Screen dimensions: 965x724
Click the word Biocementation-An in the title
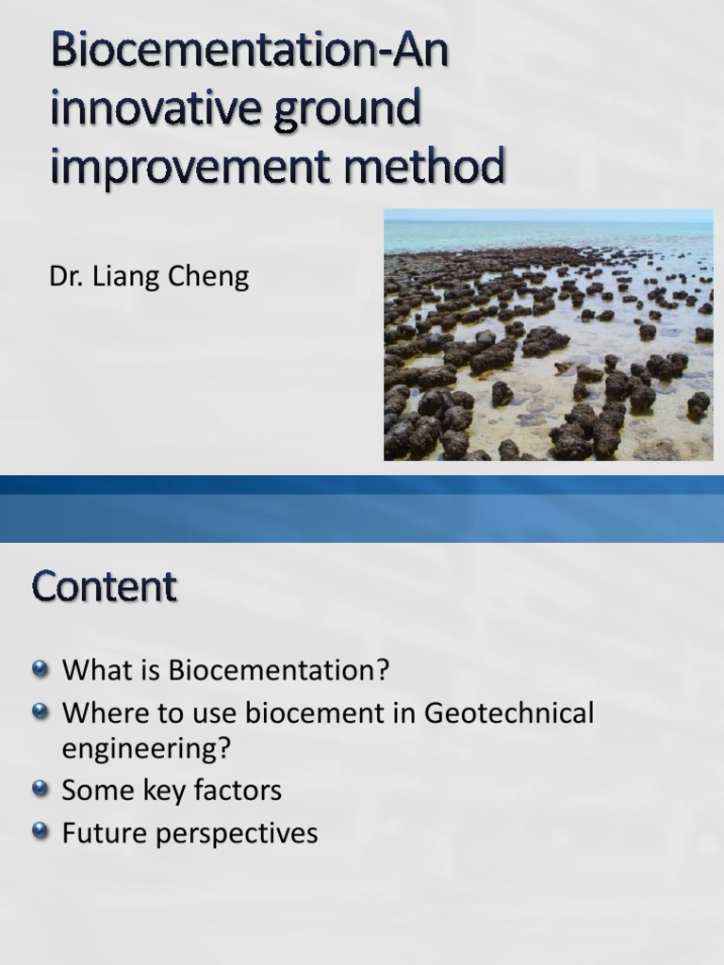[x=249, y=55]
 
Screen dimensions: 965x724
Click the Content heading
[x=104, y=588]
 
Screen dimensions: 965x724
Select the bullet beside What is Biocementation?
[x=40, y=669]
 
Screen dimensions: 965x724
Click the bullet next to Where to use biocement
[x=40, y=712]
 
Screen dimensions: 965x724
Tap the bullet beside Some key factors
[x=40, y=789]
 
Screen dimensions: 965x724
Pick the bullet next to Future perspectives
[x=40, y=831]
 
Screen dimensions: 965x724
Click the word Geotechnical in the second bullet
[x=509, y=713]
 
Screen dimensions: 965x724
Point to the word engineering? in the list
[x=146, y=750]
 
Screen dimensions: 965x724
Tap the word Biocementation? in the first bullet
[x=279, y=671]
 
